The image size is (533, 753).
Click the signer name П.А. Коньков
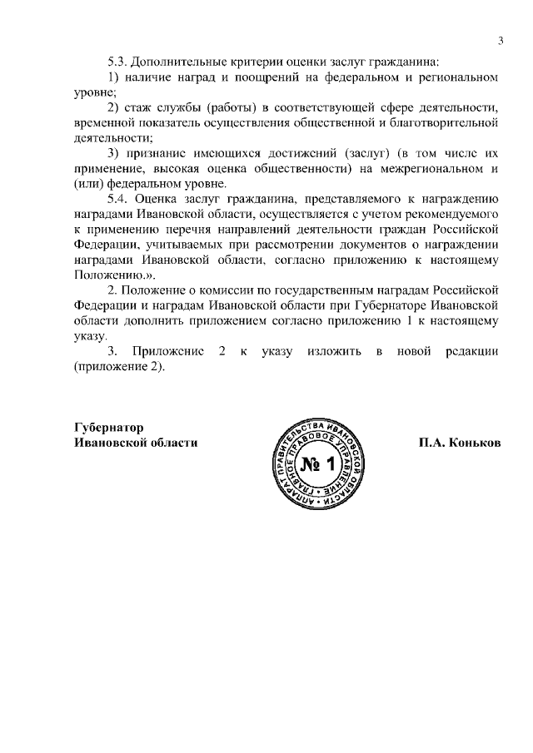460,442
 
